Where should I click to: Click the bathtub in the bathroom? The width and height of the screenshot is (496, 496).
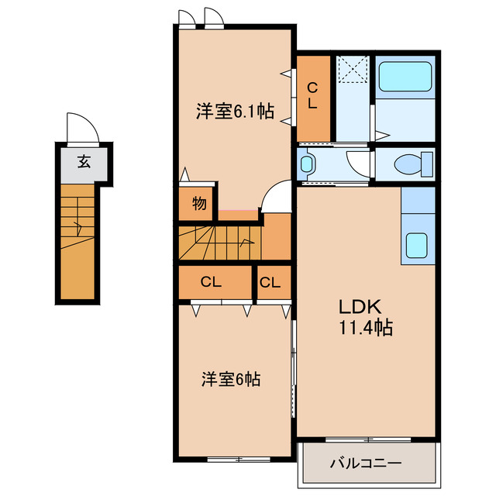405,76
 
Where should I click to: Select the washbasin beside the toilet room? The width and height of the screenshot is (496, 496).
307,164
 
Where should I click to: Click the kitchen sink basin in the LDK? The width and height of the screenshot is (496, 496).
417,245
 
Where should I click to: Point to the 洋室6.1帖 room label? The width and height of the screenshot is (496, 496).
235,111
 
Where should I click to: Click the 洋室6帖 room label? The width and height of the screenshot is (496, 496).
231,379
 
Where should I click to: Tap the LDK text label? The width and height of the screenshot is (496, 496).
360,306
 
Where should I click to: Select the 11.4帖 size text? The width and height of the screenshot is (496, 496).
366,328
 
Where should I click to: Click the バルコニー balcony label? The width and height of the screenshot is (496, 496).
366,463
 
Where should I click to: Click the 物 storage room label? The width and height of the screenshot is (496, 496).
199,203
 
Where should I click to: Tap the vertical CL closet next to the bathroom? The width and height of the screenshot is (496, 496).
313,98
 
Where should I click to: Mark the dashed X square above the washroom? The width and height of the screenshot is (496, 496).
353,69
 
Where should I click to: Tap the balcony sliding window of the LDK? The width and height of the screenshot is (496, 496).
368,439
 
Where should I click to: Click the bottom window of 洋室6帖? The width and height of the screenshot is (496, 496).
239,459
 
